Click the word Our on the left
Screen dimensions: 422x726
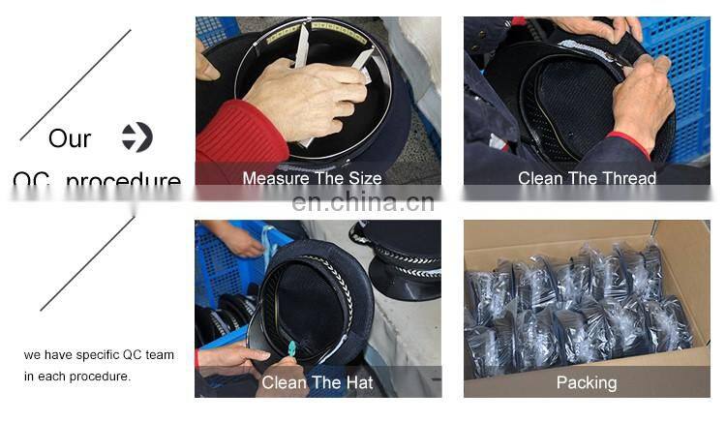(x=70, y=138)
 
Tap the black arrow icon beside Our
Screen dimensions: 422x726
(x=137, y=137)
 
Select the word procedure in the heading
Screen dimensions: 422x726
(x=124, y=181)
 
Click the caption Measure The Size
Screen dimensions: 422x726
(x=312, y=178)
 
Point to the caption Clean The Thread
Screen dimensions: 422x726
(x=587, y=178)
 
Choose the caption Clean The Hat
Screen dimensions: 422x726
(x=318, y=382)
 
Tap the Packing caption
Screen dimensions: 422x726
(x=587, y=382)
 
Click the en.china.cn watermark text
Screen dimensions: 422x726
(x=363, y=202)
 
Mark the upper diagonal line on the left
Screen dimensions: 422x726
(x=76, y=84)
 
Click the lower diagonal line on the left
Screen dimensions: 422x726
(x=87, y=262)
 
